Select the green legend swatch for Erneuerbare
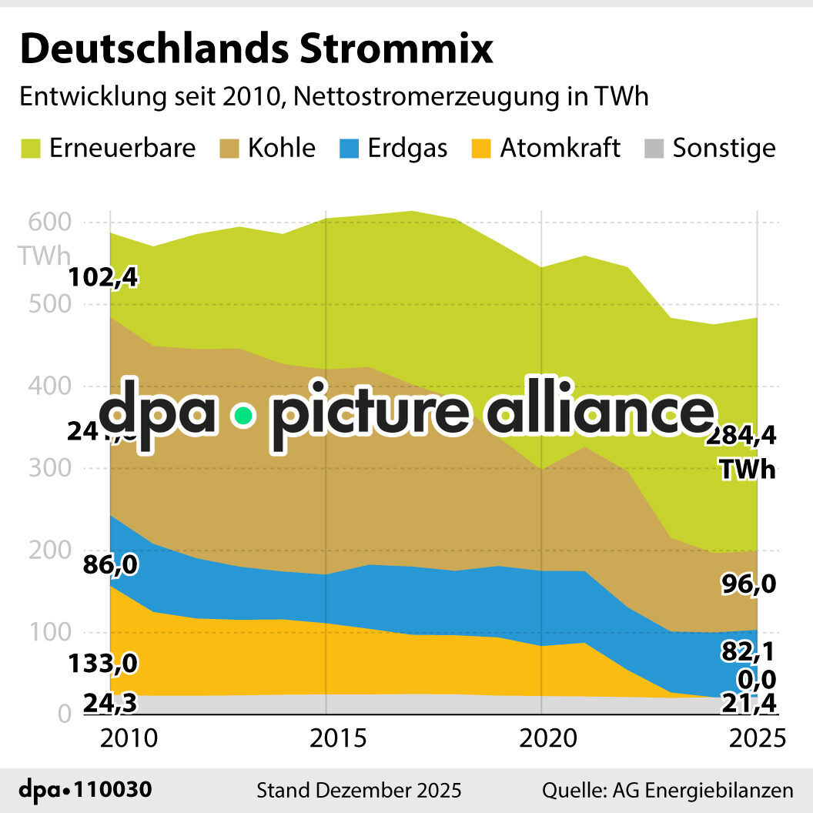(29, 148)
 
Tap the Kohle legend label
(281, 148)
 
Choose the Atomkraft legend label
(560, 148)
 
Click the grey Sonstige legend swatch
(653, 148)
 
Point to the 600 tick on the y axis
(51, 222)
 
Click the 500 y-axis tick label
(51, 305)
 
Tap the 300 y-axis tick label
(51, 468)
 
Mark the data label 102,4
(103, 276)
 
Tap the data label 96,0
(748, 585)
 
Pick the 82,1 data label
(748, 652)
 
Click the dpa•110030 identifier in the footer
(85, 790)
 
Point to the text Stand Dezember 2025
(359, 790)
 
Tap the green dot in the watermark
(244, 416)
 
